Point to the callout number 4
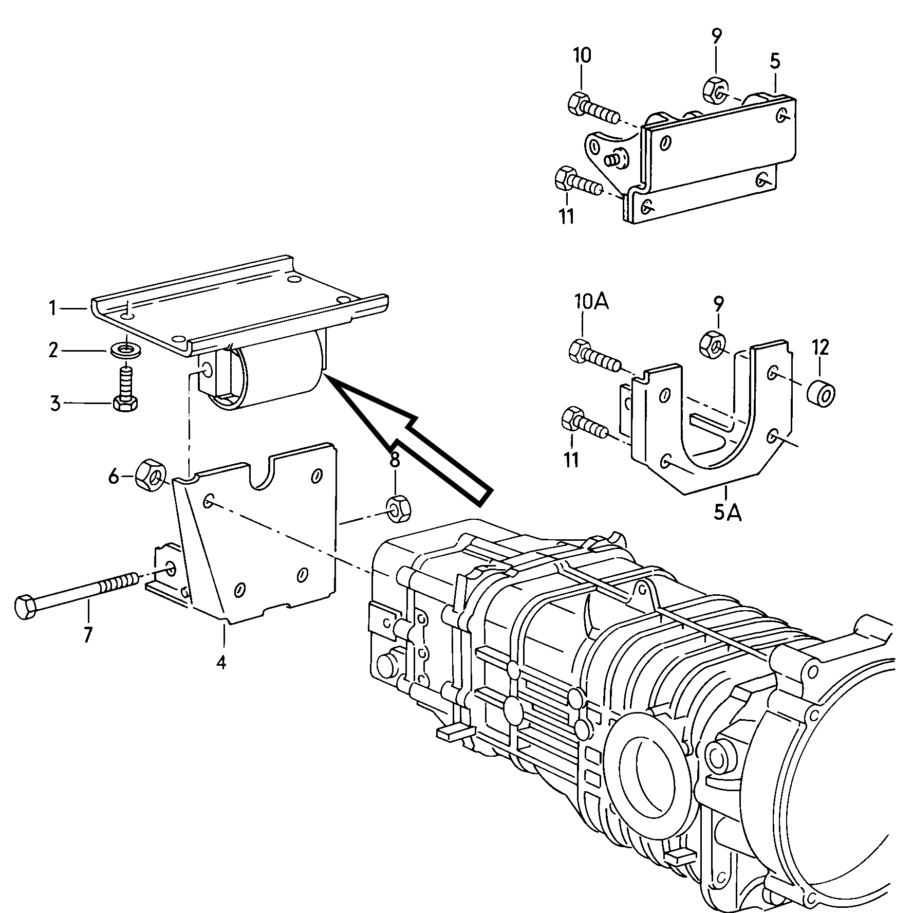tap(221, 663)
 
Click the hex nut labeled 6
tap(150, 475)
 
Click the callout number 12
tap(821, 348)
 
